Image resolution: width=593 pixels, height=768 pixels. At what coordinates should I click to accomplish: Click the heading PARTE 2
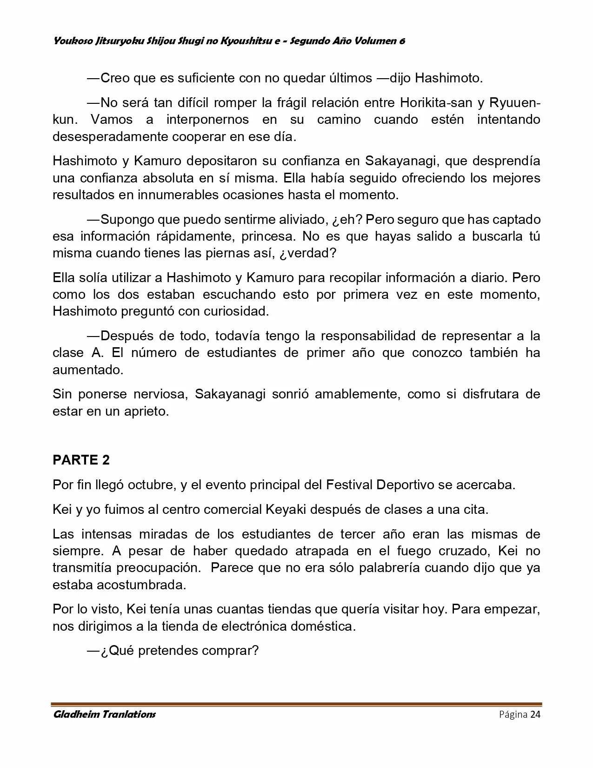point(81,460)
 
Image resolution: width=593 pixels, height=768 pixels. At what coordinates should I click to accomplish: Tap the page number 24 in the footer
point(535,714)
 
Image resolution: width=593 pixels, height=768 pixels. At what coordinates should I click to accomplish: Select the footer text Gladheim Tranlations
point(104,714)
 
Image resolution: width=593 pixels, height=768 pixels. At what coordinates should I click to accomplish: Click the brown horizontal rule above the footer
point(296,704)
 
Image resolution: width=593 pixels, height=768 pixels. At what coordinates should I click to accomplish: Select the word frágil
point(294,102)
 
